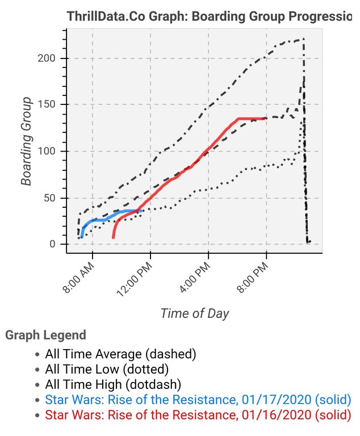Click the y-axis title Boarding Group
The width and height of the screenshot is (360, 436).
point(26,142)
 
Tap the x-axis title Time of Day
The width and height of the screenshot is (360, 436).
point(195,313)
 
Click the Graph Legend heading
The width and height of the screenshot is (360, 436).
point(46,336)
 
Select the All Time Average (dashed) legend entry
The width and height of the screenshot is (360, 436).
point(120,354)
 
